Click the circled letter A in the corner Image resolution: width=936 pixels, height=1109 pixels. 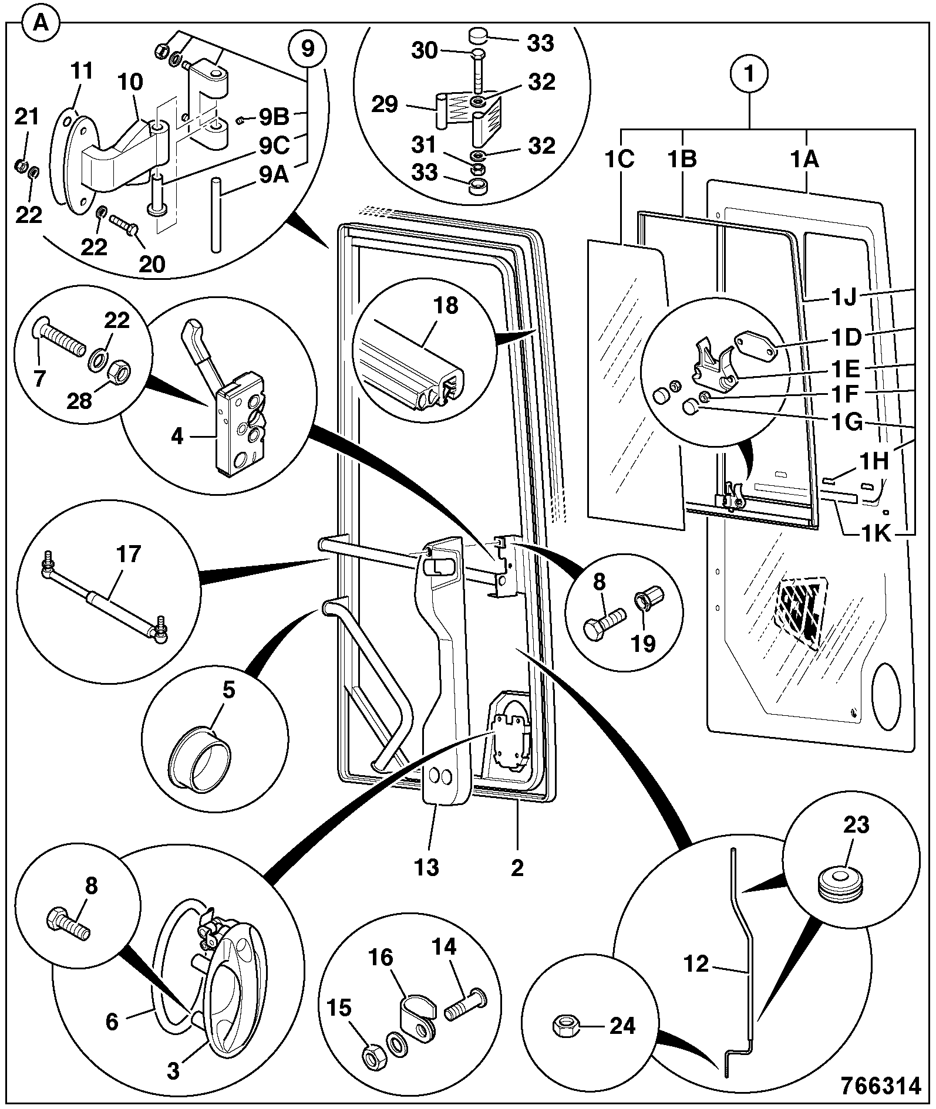click(x=40, y=24)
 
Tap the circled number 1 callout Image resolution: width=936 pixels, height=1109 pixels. click(x=750, y=75)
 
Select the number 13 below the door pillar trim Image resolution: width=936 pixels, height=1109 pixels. click(x=426, y=867)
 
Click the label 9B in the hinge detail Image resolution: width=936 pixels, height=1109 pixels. click(x=274, y=117)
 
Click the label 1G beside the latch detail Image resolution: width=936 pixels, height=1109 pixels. click(x=845, y=421)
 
